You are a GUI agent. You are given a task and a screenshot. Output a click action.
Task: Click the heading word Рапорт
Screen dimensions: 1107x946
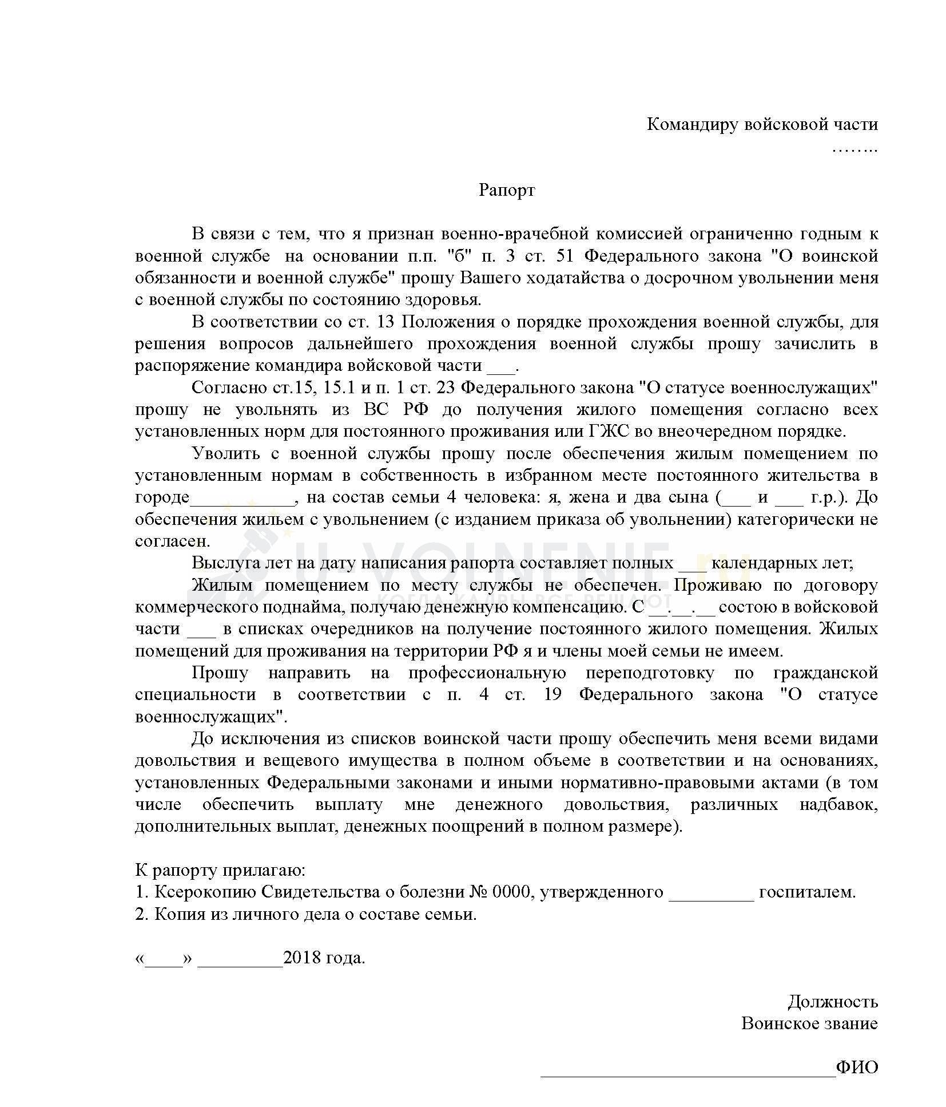click(x=506, y=190)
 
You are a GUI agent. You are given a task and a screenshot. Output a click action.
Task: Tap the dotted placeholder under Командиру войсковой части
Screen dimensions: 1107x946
click(x=854, y=149)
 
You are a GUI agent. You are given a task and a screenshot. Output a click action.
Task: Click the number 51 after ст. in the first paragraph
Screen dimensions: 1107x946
click(x=565, y=256)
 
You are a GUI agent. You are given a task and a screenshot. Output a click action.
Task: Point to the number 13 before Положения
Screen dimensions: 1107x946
click(x=386, y=322)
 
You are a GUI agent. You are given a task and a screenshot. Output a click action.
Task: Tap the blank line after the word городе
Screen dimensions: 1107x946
click(x=241, y=497)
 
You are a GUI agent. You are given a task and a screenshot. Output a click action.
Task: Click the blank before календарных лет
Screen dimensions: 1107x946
click(x=692, y=564)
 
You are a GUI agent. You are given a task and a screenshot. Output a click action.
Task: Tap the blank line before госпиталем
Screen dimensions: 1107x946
click(x=711, y=893)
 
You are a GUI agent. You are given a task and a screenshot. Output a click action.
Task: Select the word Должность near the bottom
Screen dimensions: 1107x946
click(x=832, y=1001)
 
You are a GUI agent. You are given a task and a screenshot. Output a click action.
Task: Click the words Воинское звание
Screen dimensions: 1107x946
click(x=809, y=1023)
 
